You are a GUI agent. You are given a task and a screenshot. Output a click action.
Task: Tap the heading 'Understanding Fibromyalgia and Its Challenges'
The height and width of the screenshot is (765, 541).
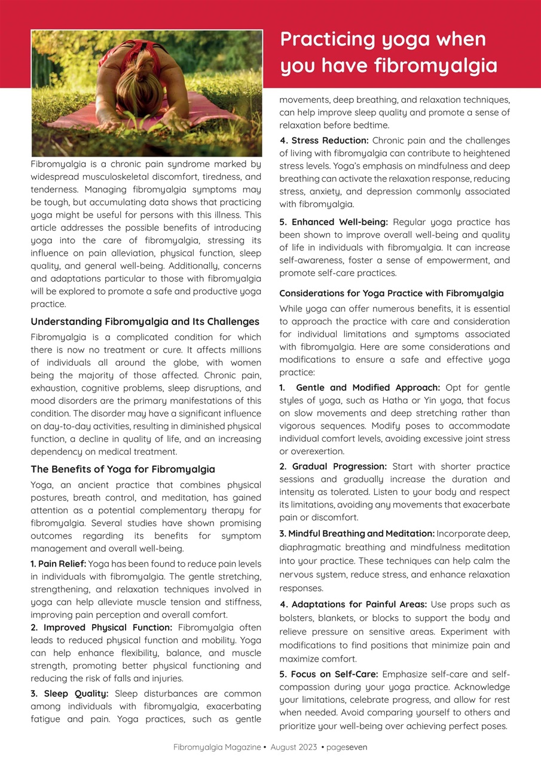(x=145, y=322)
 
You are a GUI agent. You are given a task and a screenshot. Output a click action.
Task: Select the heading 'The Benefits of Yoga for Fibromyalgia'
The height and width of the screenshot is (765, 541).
(x=123, y=469)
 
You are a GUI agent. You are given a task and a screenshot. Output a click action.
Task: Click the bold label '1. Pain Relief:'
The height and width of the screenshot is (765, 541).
(x=58, y=564)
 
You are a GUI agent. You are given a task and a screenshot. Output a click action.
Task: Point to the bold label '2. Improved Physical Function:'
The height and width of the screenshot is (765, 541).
(x=102, y=628)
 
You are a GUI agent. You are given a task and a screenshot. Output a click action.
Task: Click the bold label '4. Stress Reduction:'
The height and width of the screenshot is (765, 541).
(x=324, y=140)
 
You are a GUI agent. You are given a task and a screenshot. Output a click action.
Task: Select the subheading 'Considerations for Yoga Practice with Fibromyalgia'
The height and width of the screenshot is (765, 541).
(x=392, y=293)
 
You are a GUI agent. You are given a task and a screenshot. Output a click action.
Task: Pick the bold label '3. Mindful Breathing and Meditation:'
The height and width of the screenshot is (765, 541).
(x=357, y=533)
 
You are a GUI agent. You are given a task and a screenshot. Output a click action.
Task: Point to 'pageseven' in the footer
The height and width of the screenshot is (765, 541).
(x=347, y=747)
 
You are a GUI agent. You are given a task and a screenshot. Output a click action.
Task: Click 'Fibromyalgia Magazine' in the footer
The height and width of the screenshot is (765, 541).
(x=217, y=747)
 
